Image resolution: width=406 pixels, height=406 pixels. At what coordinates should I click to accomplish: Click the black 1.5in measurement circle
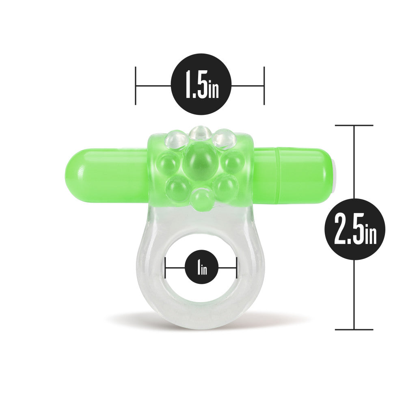click(x=201, y=85)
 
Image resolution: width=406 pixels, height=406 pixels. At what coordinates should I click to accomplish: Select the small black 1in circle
click(x=201, y=268)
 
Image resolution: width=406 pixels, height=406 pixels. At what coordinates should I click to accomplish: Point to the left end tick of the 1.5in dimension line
click(x=136, y=85)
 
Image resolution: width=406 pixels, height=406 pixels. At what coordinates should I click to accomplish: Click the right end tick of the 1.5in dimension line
click(x=264, y=85)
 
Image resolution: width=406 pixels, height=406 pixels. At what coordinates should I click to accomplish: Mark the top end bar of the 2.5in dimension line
click(x=354, y=125)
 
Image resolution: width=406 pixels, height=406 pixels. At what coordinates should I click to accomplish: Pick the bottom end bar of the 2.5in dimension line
click(x=354, y=329)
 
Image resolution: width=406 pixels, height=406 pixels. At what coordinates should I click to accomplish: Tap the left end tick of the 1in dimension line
click(x=165, y=268)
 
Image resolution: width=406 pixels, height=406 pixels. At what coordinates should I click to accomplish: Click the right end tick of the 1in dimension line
click(x=236, y=268)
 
